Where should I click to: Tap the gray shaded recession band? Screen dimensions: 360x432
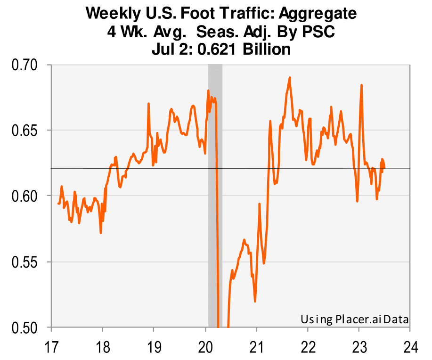[x=215, y=188]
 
